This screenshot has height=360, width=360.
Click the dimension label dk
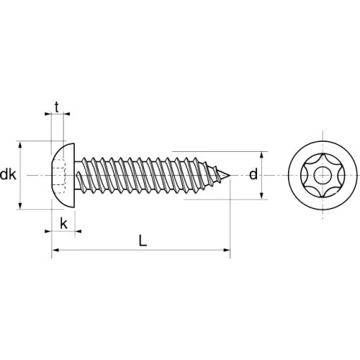[x=8, y=174]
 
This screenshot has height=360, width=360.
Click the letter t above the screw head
[x=57, y=107]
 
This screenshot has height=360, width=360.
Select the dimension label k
[x=63, y=224]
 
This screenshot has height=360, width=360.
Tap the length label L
[x=143, y=240]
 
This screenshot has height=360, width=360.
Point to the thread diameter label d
[x=253, y=174]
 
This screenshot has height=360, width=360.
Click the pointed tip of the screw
[x=230, y=176]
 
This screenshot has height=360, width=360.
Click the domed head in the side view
[x=63, y=176]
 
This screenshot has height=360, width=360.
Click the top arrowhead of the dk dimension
[x=20, y=145]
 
